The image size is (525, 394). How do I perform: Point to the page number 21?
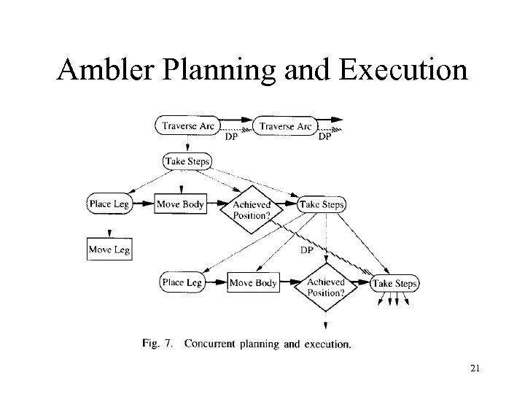coord(475,370)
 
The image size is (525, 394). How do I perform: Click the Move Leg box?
coord(109,250)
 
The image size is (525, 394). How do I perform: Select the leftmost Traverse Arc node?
coord(188,126)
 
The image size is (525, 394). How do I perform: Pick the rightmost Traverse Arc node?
coord(286,126)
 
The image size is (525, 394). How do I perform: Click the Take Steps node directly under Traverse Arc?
coord(187,161)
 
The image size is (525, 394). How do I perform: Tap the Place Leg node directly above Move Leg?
coord(109,204)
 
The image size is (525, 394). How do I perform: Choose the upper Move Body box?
coord(180,204)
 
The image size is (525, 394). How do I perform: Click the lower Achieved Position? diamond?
coord(325,287)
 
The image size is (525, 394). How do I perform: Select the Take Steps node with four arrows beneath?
coord(394,283)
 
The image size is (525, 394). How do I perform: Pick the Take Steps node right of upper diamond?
coord(322,204)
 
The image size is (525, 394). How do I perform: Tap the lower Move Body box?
coord(253,282)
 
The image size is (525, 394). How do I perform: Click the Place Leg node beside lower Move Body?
coord(182,282)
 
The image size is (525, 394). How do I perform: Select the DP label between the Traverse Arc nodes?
coord(230,136)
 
